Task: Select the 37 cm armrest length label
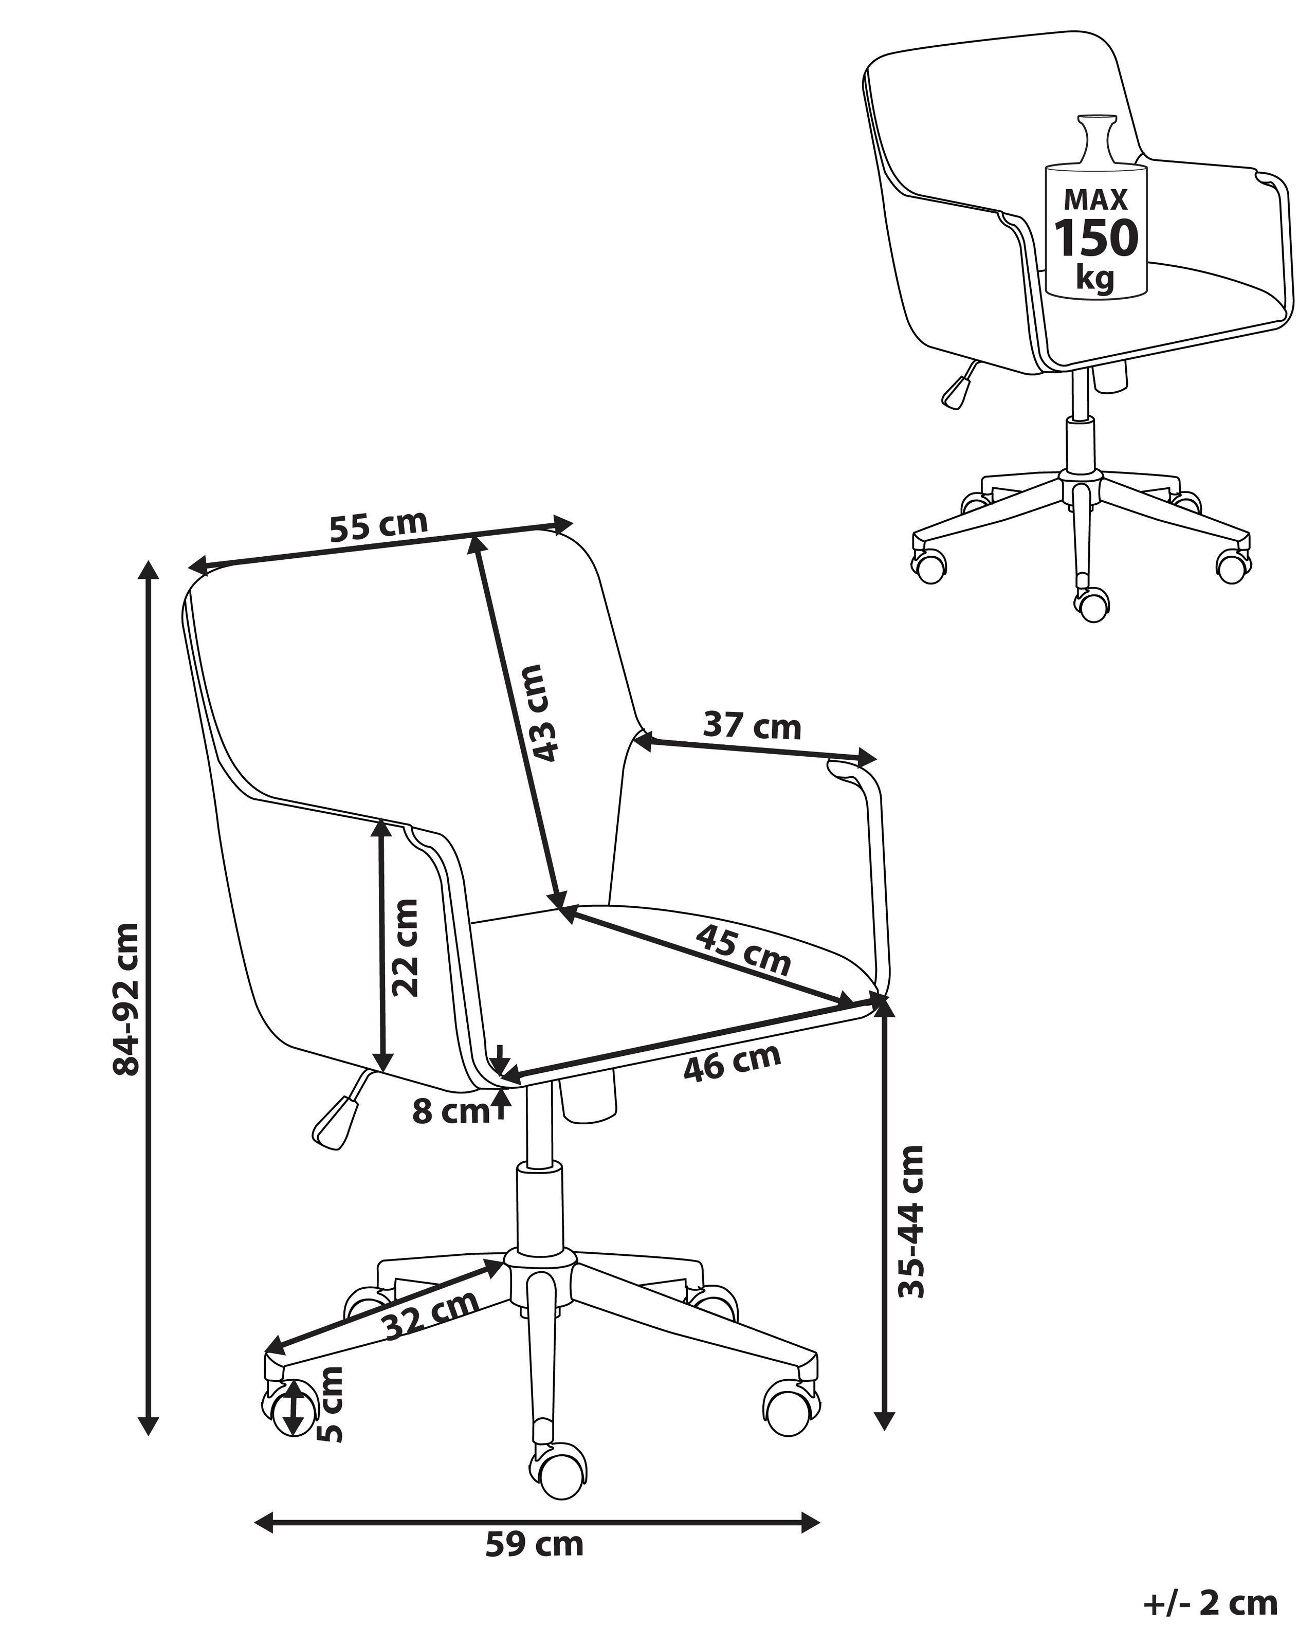click(x=752, y=726)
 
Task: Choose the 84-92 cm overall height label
click(x=126, y=999)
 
